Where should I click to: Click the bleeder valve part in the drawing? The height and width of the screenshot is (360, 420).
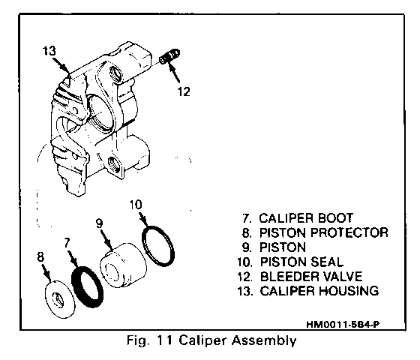pos(169,56)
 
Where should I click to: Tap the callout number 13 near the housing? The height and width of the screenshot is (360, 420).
pos(49,51)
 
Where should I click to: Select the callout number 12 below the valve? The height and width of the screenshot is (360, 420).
pos(184,91)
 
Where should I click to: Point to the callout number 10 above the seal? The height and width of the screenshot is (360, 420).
pos(136,205)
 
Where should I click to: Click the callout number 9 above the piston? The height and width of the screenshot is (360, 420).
pos(99,223)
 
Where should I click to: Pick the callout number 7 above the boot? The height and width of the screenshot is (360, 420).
pos(67,243)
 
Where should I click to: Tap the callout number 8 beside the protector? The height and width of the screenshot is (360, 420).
pos(40,257)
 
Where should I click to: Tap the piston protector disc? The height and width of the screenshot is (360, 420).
pos(59,299)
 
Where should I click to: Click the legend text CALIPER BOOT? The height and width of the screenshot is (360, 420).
pos(306,218)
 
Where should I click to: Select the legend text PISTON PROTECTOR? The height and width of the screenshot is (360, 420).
pos(324,232)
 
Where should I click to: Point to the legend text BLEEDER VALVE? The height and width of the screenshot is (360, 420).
pos(311,277)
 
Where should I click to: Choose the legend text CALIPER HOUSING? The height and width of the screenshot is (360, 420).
pos(319,291)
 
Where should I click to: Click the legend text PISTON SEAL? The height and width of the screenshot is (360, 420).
pos(301,262)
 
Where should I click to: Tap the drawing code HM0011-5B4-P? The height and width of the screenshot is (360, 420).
pos(343,325)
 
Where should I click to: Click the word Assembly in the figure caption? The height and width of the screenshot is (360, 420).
pos(264,340)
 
